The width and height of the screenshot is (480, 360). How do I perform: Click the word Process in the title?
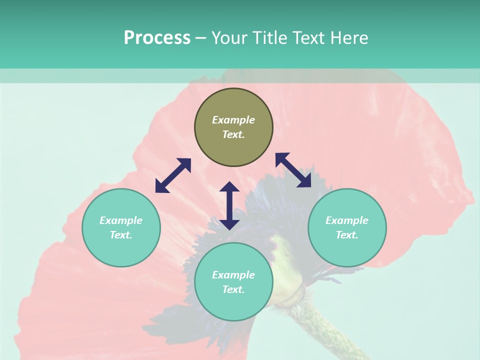157,38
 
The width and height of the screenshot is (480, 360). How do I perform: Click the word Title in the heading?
269,38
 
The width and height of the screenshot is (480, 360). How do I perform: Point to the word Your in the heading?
230,38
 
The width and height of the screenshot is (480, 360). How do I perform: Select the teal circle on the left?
121,250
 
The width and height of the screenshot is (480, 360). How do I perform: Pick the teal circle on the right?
347,250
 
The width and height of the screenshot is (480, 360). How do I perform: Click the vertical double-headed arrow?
229,205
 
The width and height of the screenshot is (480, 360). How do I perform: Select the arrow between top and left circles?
173,175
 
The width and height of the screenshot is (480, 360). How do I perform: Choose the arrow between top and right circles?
293,170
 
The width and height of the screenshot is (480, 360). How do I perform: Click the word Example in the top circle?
233,120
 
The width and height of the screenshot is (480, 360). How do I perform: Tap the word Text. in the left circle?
121,235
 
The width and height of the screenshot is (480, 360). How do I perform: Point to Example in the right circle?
347,220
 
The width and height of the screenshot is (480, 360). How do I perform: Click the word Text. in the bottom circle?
233,289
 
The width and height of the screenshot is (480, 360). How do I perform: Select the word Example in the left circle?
121,220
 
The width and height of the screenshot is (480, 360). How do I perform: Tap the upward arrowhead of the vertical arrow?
229,187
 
